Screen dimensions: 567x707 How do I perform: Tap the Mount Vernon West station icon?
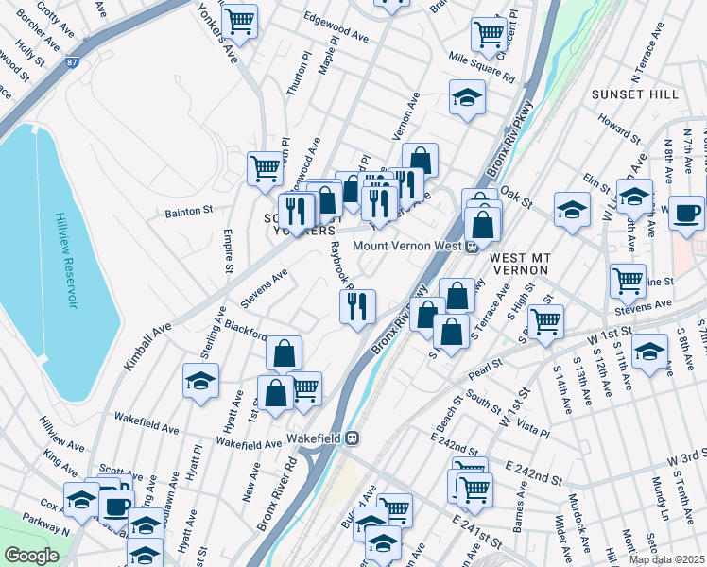tap(471, 247)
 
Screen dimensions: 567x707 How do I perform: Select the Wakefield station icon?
tap(352, 438)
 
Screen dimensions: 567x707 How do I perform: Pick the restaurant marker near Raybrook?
tap(358, 305)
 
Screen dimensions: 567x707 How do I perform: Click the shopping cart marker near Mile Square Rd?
tap(488, 33)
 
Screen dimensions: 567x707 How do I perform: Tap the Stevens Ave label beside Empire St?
tap(264, 285)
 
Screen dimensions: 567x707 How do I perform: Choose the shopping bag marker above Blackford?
tap(284, 354)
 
